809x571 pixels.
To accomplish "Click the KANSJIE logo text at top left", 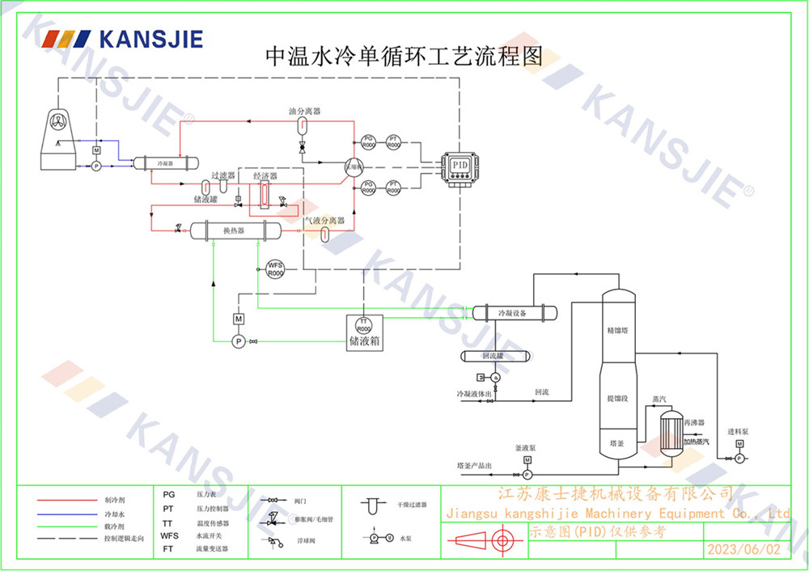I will pyautogui.click(x=150, y=39).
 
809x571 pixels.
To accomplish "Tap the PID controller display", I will pyautogui.click(x=460, y=165).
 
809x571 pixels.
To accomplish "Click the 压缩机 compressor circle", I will pyautogui.click(x=354, y=167).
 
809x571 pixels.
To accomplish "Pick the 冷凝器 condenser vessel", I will pyautogui.click(x=165, y=163).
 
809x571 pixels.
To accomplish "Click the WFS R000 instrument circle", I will pyautogui.click(x=275, y=269).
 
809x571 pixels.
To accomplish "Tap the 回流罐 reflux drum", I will pyautogui.click(x=493, y=356).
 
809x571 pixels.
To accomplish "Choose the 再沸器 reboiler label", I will pyautogui.click(x=694, y=423).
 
